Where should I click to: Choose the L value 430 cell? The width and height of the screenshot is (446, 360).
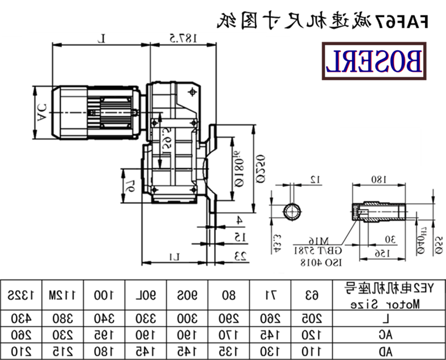(x=21, y=319)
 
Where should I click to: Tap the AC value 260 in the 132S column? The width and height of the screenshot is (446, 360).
(x=21, y=335)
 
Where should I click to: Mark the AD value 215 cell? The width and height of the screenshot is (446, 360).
(x=61, y=352)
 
